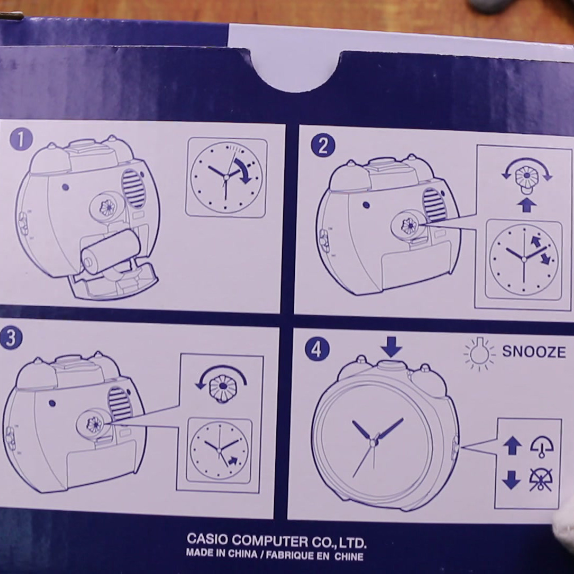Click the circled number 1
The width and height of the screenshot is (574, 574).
click(x=21, y=139)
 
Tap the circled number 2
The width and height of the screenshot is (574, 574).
click(x=323, y=146)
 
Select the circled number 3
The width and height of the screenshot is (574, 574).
click(x=11, y=338)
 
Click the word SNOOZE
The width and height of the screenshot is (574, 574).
click(x=534, y=352)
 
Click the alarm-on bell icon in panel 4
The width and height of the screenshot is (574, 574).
click(x=542, y=446)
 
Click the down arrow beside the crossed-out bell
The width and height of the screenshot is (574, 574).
click(x=512, y=480)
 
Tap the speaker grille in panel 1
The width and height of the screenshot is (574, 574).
click(x=132, y=189)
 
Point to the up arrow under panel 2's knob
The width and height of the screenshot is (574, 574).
click(x=527, y=205)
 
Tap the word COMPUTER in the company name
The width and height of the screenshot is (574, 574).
click(x=271, y=541)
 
